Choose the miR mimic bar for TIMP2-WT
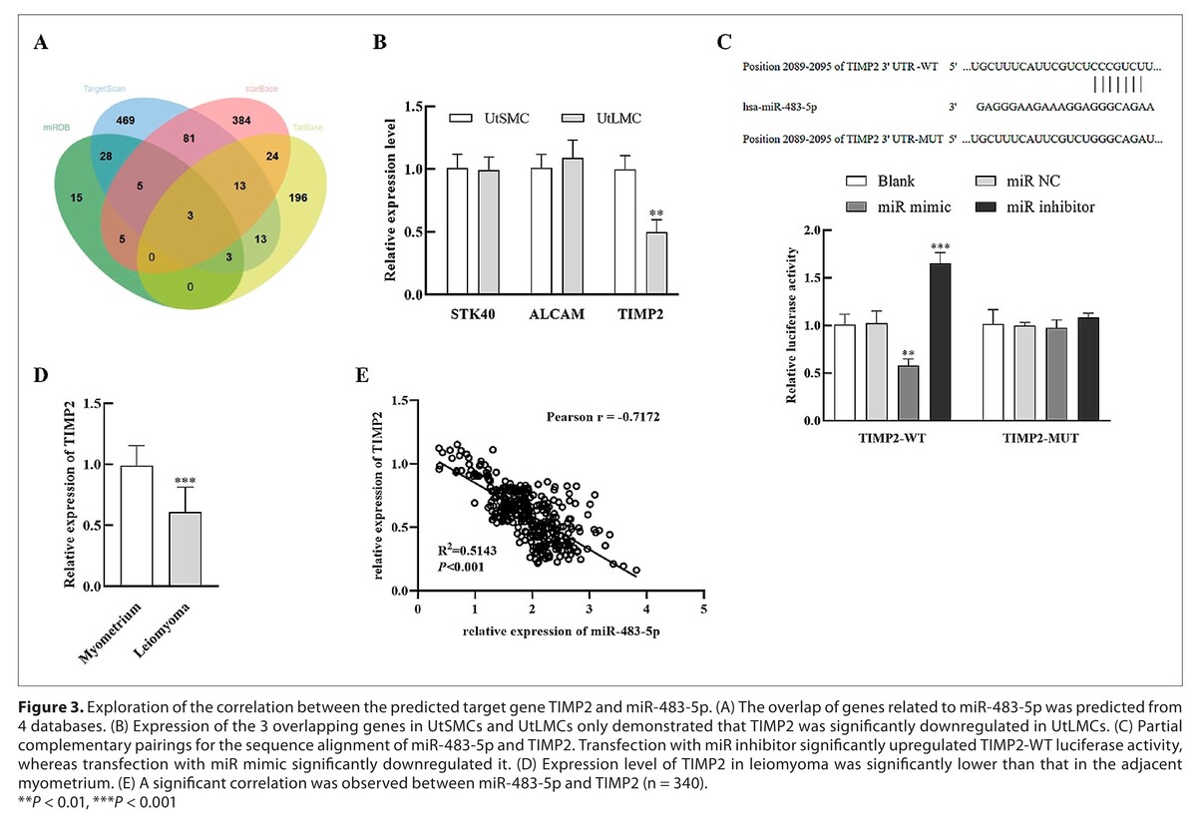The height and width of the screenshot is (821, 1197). click(909, 393)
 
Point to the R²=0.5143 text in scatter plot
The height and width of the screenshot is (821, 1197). click(462, 551)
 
